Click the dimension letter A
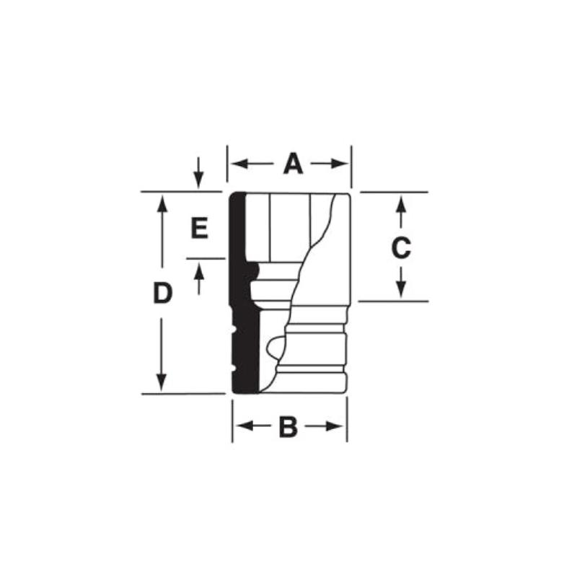click(x=294, y=164)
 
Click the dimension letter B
click(x=288, y=427)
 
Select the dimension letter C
click(x=401, y=247)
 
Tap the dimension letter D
click(x=163, y=294)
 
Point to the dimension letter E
click(x=200, y=228)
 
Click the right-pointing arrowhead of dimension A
click(x=339, y=164)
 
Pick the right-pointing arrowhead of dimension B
click(x=334, y=426)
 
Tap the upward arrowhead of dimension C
click(x=402, y=204)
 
